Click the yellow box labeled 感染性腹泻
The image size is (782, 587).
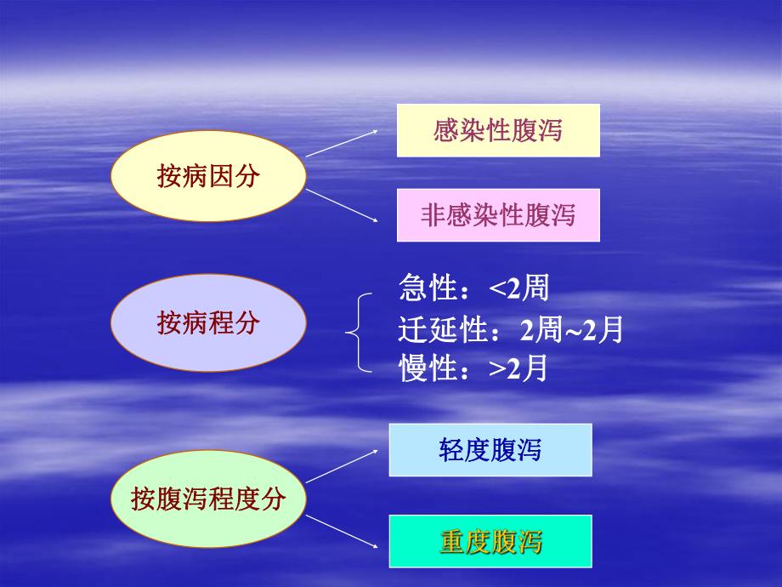point(498,130)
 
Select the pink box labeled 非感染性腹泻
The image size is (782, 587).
point(498,215)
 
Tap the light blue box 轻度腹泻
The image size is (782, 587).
point(490,450)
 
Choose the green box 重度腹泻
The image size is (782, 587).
point(490,541)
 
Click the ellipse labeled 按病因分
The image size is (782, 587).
point(208,176)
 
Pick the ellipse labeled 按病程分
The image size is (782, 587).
point(208,323)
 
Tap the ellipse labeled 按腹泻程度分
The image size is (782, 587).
point(208,499)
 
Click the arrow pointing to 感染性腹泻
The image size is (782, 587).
point(342,144)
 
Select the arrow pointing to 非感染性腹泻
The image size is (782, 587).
point(342,206)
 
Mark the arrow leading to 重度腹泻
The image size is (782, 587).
point(342,531)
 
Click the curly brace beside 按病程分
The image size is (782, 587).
point(359,333)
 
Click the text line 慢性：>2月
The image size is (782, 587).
point(473,369)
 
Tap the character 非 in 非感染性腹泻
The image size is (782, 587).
point(433,215)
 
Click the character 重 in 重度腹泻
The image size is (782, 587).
point(452,541)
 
